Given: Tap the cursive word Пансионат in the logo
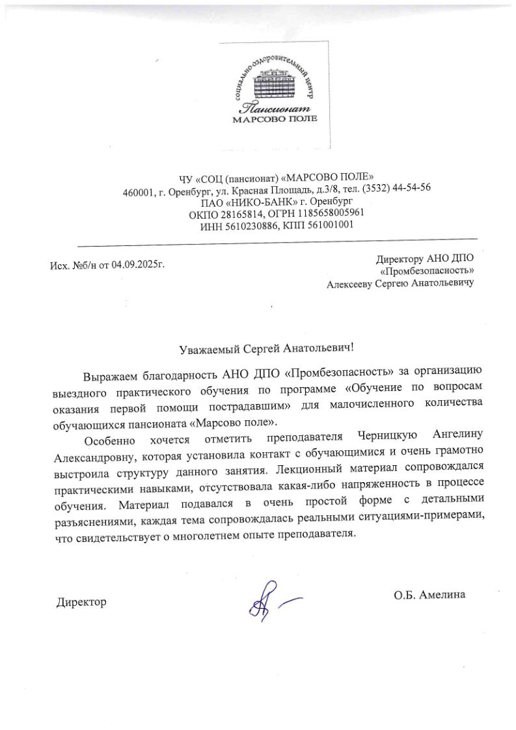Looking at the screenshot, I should pyautogui.click(x=273, y=107).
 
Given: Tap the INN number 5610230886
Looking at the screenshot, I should pyautogui.click(x=248, y=225).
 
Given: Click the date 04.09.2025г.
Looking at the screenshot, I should pyautogui.click(x=138, y=265).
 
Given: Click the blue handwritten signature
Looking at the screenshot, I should pyautogui.click(x=267, y=598).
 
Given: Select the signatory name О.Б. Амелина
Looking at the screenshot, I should pyautogui.click(x=429, y=594).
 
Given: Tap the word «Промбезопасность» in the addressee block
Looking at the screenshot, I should pyautogui.click(x=426, y=271).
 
